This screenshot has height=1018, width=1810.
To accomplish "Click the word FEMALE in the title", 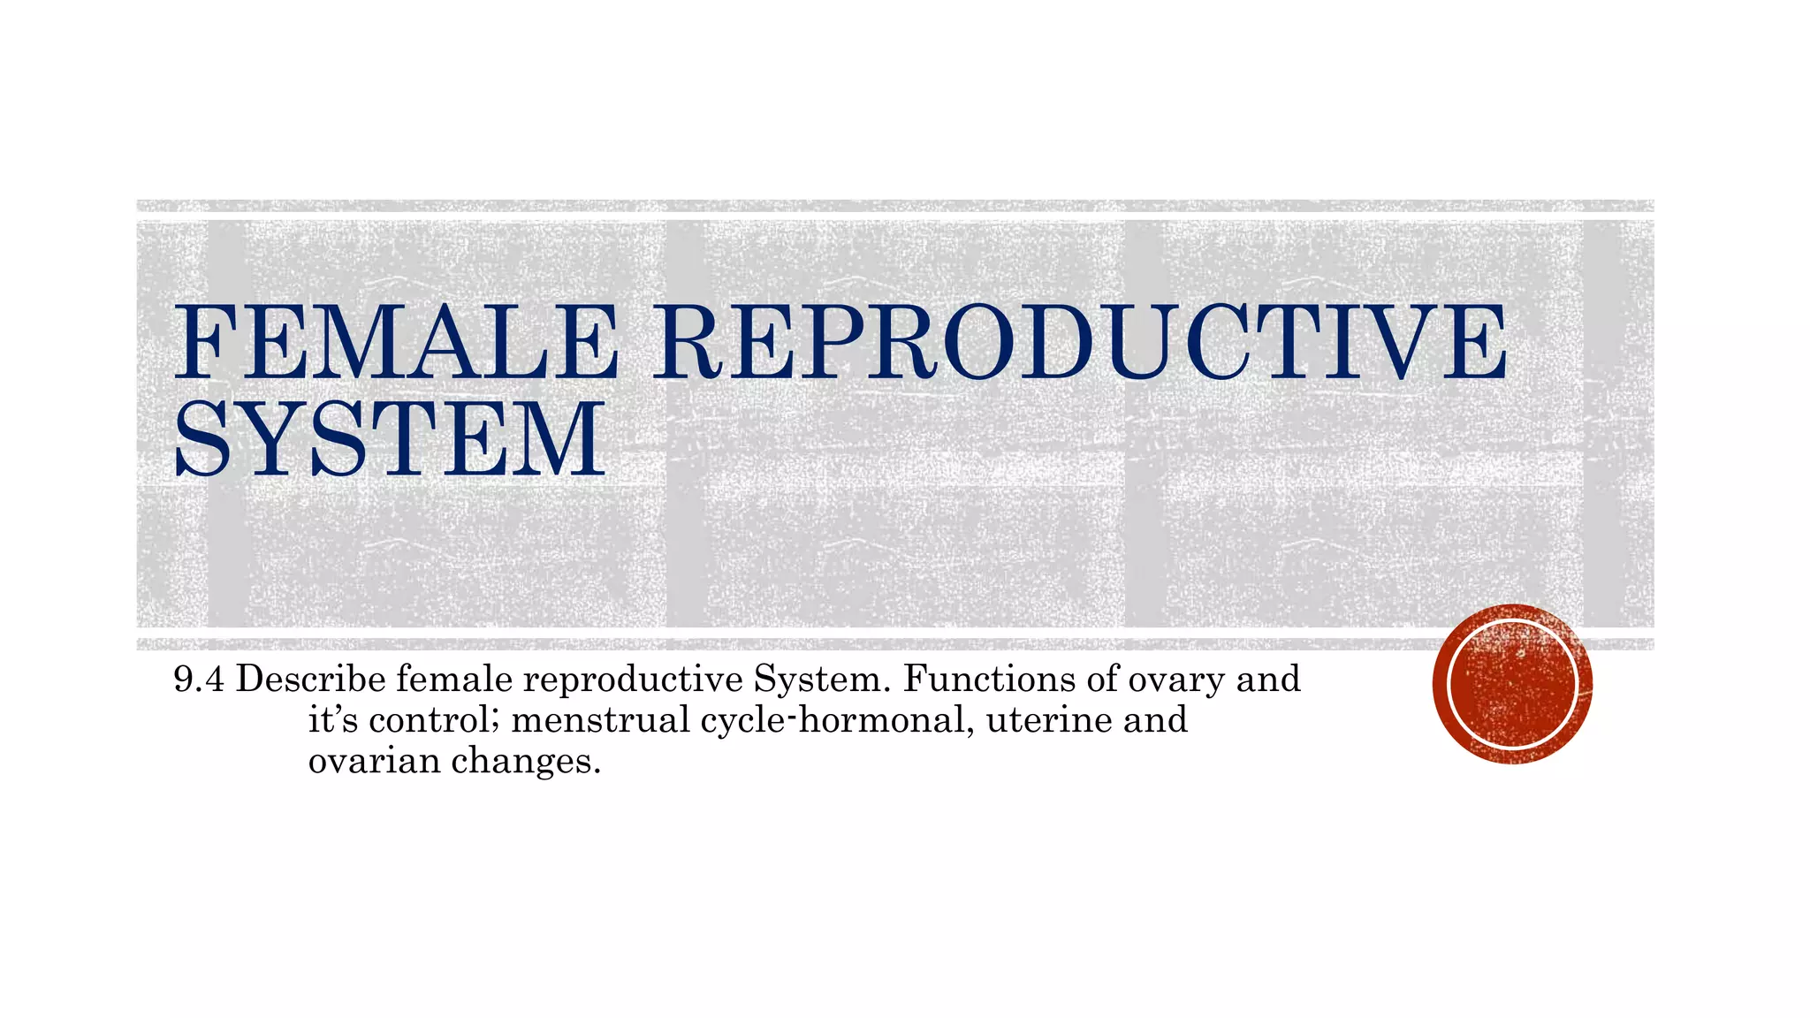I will pos(395,342).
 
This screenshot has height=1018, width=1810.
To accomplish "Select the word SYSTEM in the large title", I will pos(390,438).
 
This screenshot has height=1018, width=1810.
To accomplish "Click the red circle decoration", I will pos(1512,683).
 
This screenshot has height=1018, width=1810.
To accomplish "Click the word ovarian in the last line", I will pos(374,760).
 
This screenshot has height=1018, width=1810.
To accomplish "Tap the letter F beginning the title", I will pos(204,342).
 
